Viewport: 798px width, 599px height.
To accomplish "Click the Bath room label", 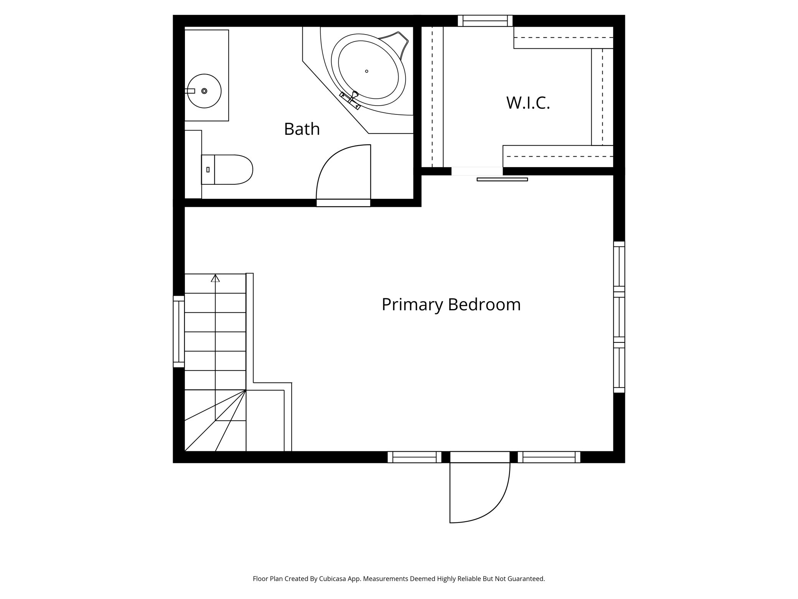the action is pos(302,129).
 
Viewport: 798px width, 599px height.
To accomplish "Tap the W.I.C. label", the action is pos(528,103).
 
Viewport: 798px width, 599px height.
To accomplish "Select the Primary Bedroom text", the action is pos(451,304).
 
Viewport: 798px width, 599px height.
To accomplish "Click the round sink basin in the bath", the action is pos(204,91).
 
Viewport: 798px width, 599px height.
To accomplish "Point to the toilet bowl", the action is pos(234,169).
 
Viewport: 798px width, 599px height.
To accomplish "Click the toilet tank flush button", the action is pos(208,170).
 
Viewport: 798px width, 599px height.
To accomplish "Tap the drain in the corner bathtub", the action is pos(367,71).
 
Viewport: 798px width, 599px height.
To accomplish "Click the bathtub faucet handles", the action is pos(350,100).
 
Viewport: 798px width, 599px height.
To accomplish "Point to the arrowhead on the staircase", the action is pos(215,278).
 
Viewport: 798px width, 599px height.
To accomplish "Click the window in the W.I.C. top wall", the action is pos(485,21).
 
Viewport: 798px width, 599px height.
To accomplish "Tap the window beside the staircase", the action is pos(179,331).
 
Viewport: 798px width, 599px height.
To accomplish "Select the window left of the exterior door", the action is pos(414,457).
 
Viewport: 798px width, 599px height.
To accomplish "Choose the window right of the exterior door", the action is pos(549,457).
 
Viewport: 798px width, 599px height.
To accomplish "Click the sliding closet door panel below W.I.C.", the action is pos(502,179).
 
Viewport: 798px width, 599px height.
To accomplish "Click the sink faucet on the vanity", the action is pos(190,91).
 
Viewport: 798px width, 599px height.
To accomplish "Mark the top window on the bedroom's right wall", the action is pos(619,266).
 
